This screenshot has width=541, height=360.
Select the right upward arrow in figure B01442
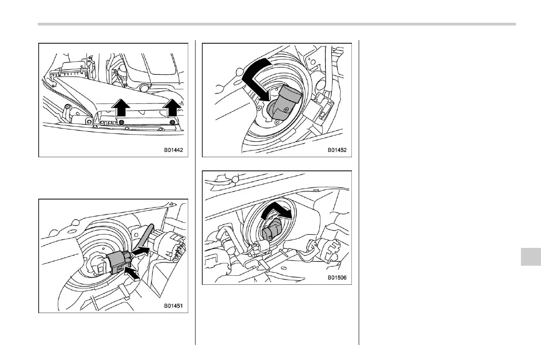pos(171,108)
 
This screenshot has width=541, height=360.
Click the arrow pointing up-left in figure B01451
pos(132,273)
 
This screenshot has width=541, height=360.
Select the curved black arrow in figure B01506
pos(279,211)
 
